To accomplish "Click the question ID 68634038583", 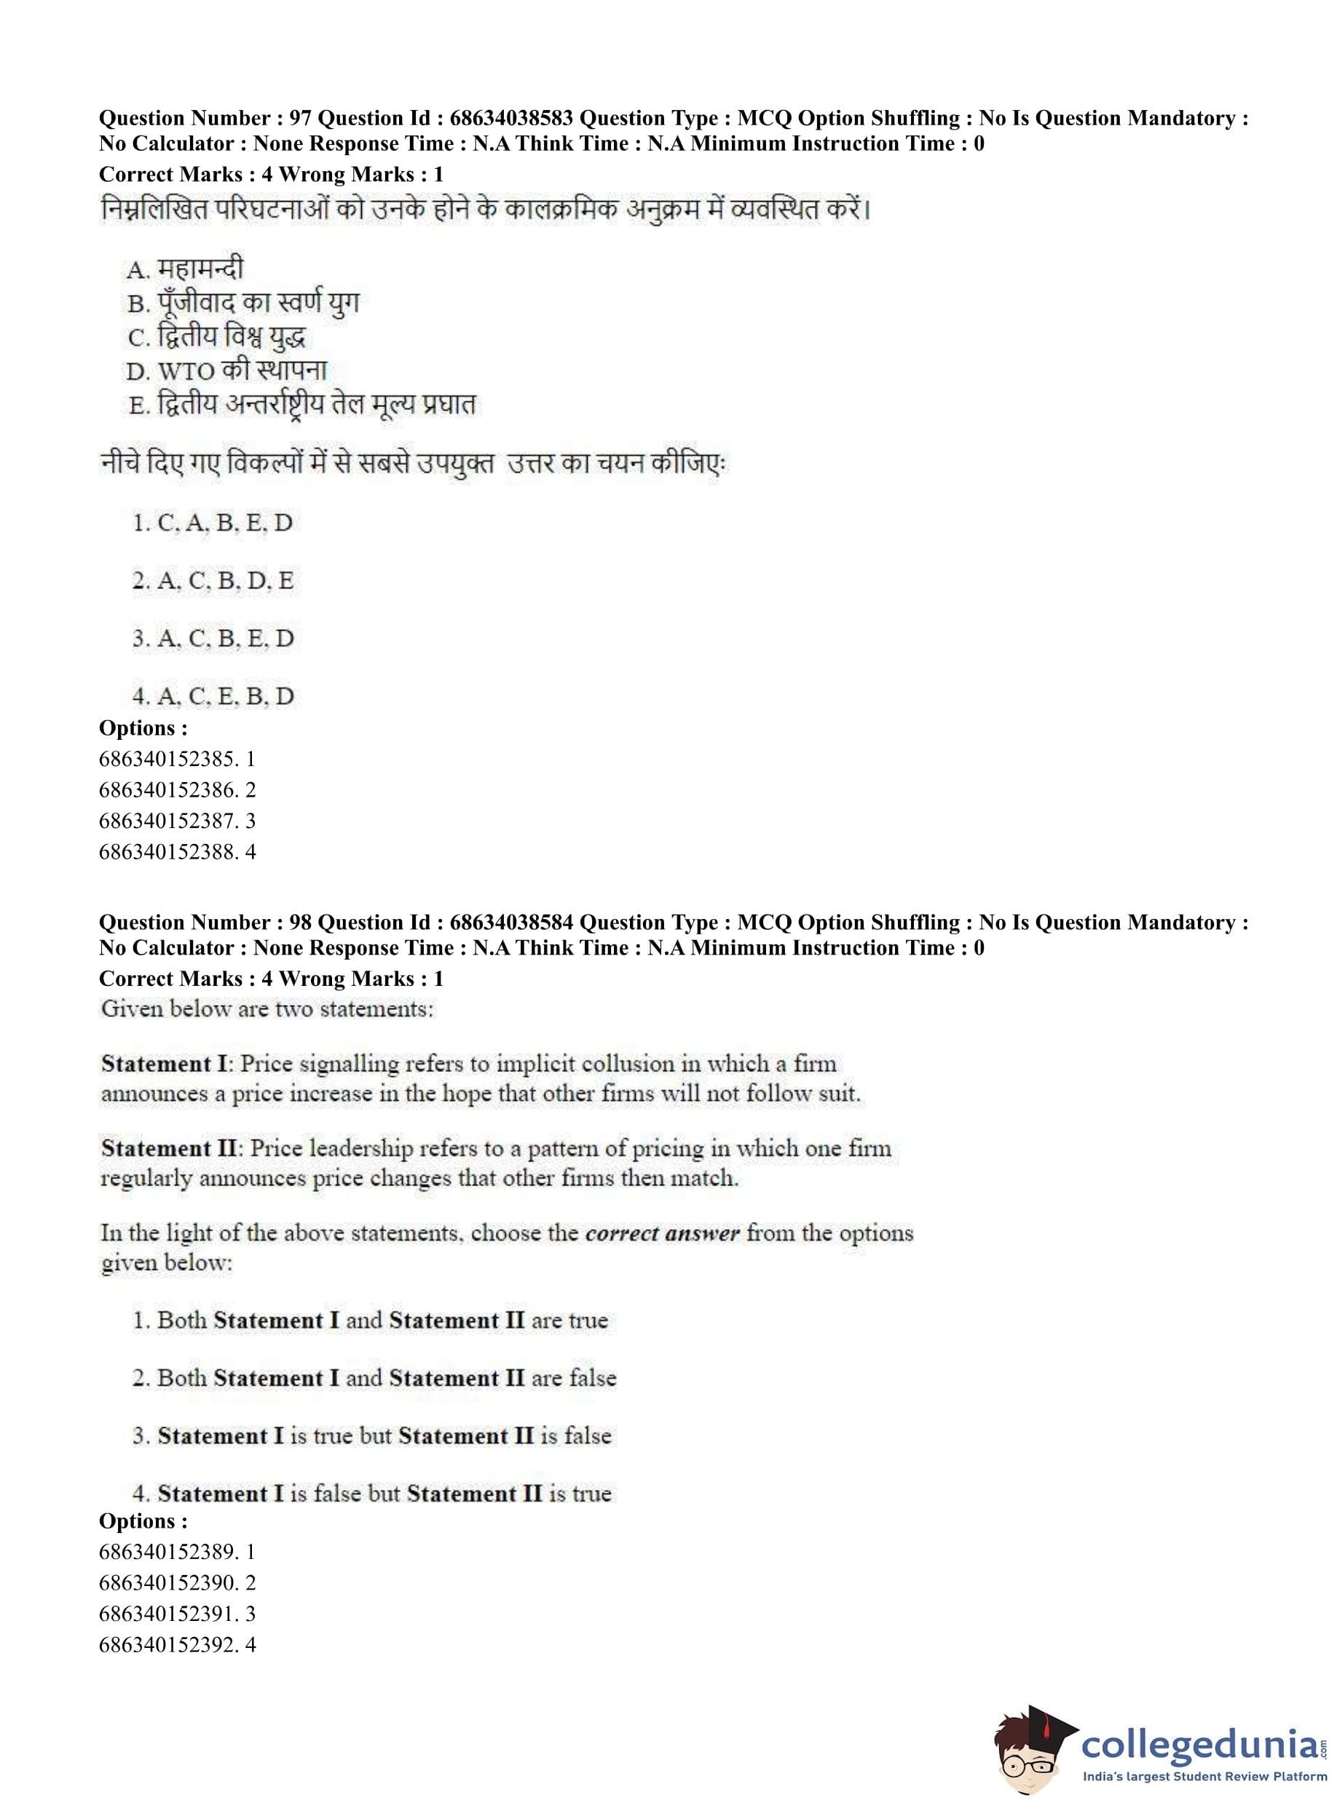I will click(x=510, y=118).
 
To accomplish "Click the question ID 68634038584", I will click(x=510, y=923).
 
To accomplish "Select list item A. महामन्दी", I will click(x=184, y=268).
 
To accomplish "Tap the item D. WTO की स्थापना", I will click(x=226, y=371).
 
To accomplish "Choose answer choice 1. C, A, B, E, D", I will click(x=212, y=523).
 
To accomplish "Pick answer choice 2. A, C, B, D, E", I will click(x=213, y=580).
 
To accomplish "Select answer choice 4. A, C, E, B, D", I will click(x=213, y=696).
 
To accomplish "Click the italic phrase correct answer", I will click(x=662, y=1234).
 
